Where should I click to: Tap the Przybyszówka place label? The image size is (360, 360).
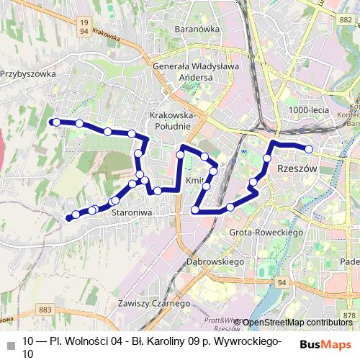28,73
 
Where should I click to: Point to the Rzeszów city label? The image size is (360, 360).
297,168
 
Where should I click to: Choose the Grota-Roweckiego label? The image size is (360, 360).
264,233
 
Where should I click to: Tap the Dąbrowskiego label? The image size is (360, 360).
216,262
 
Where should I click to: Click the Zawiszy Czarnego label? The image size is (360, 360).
154,303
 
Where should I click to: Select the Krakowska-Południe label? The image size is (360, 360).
170,121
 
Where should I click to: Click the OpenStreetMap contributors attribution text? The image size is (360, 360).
296,323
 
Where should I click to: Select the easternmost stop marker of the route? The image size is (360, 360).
309,149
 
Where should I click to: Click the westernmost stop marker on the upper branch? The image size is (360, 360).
56,123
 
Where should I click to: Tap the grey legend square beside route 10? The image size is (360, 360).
10,343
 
